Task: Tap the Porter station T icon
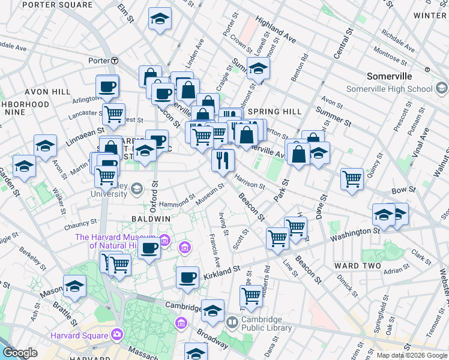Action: (x=113, y=61)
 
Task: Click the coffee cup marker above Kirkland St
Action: (x=187, y=277)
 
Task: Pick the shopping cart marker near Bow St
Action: (x=352, y=178)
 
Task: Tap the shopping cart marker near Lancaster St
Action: (x=113, y=113)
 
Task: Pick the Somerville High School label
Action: (x=390, y=89)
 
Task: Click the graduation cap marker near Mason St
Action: (x=74, y=287)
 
